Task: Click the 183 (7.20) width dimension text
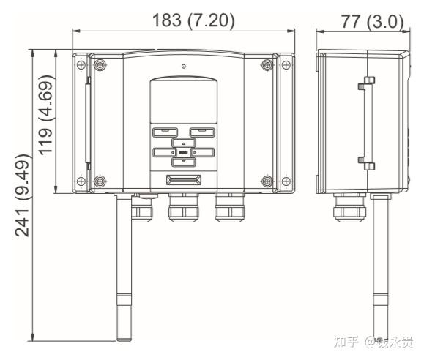[193, 20]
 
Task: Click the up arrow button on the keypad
[183, 143]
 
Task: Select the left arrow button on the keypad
[163, 153]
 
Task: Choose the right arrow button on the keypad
[203, 153]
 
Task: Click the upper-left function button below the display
[164, 132]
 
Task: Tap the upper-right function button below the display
[202, 132]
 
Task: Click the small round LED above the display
[183, 67]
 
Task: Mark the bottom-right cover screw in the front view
[267, 180]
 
